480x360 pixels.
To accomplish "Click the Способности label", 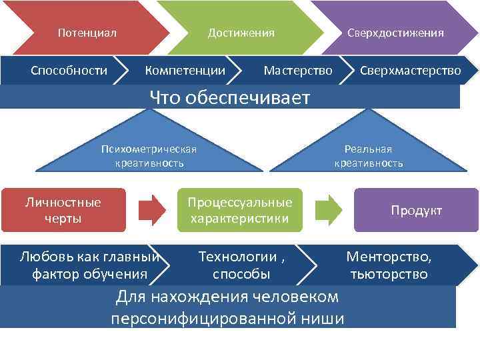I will tap(69, 70).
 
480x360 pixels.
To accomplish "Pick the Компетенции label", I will tap(185, 70).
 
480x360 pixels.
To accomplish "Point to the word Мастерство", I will tap(297, 70).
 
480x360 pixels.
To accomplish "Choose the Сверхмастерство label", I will tap(410, 70).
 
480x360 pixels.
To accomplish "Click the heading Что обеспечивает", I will tap(230, 98).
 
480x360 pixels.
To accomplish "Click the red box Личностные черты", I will tap(63, 210).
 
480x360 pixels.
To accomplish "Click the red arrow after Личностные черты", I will tap(152, 210).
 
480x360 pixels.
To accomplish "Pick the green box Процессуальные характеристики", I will tap(239, 210).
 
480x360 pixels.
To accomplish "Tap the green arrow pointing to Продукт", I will tap(328, 210).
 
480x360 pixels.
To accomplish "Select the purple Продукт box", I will tap(416, 210).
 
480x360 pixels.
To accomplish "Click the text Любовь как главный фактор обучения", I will tap(89, 265).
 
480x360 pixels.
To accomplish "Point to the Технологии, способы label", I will tap(241, 265).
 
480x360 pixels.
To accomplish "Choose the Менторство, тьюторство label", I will tap(389, 265).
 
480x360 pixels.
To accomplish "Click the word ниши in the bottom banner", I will tap(323, 318).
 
